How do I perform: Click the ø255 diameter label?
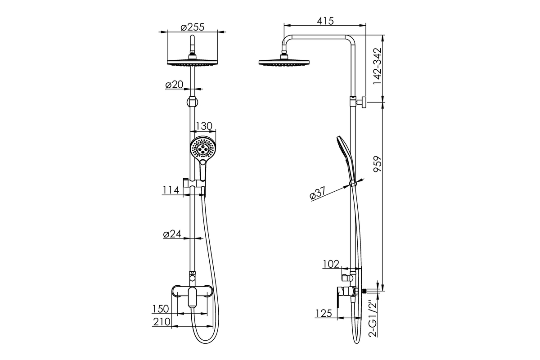click(x=193, y=27)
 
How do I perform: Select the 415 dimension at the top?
click(x=325, y=21)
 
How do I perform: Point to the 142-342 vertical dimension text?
click(x=378, y=66)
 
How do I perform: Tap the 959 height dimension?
click(x=378, y=164)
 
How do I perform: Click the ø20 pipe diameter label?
click(x=174, y=85)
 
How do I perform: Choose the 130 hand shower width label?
click(x=204, y=126)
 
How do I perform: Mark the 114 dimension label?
click(x=171, y=190)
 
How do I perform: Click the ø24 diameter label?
click(x=172, y=234)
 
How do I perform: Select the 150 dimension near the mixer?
click(x=161, y=309)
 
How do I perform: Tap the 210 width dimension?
click(x=162, y=322)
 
